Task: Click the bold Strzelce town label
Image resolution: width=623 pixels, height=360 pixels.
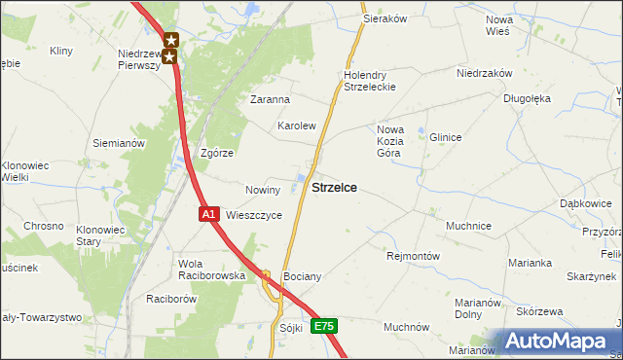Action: point(333,187)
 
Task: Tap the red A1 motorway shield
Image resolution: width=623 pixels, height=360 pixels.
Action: point(208,213)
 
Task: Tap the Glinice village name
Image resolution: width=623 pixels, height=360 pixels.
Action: point(445,137)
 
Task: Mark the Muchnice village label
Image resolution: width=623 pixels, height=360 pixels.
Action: point(468,225)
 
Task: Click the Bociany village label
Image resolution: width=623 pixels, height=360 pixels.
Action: point(301,276)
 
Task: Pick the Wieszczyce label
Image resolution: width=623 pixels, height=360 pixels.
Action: point(254,215)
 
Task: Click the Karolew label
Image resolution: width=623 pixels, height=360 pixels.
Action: point(297,126)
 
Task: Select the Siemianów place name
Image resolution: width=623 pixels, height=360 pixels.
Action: point(119,143)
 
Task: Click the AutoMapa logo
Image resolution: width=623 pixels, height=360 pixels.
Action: point(554,342)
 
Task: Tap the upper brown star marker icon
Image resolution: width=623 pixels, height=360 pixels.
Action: point(171,40)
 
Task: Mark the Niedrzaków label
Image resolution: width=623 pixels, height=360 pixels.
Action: point(484,72)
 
